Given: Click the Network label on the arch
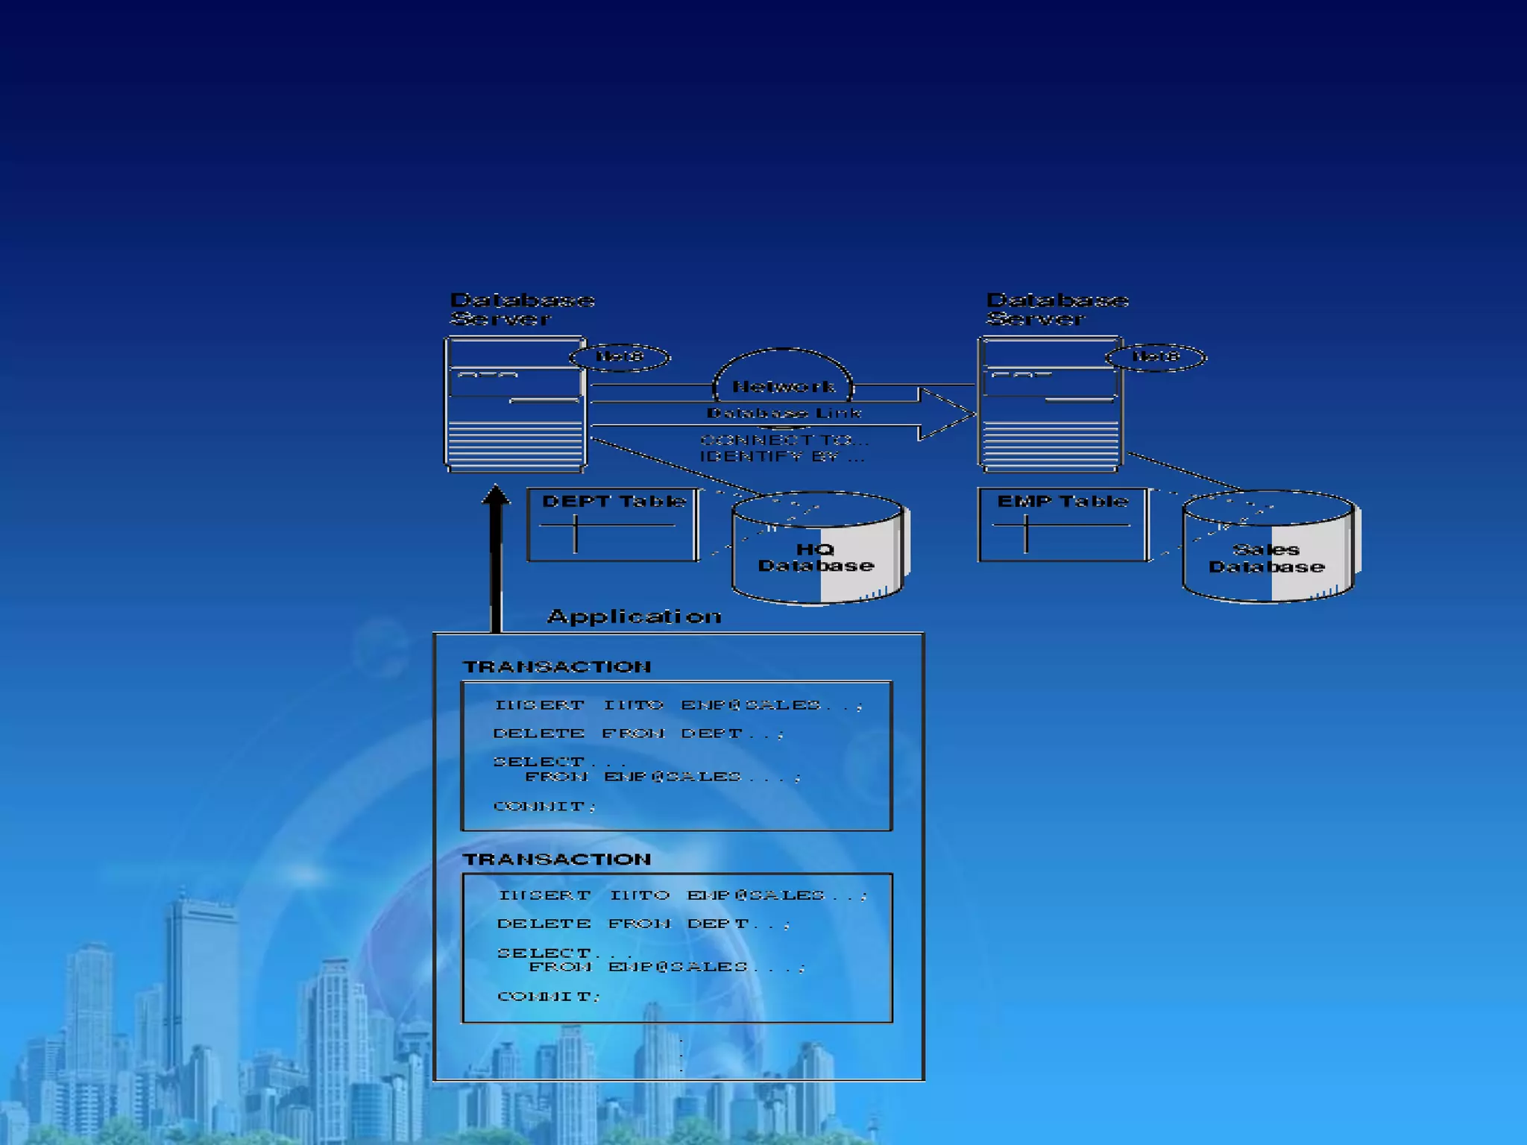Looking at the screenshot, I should [783, 386].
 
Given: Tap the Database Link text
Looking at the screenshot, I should [784, 413].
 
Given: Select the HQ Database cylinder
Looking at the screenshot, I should [817, 549].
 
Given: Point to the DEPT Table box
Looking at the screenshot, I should [613, 525].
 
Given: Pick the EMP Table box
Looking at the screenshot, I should [1062, 525].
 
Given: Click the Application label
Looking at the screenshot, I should [635, 616].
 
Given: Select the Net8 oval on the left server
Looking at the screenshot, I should [620, 357].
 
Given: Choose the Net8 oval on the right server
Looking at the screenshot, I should [1155, 357].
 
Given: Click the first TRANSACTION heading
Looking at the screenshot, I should [556, 666].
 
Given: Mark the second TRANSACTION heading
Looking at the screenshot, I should [556, 859].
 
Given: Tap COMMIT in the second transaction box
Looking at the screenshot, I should [549, 997].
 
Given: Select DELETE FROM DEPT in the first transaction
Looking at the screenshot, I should [638, 734].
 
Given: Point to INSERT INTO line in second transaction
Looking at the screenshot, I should [683, 895].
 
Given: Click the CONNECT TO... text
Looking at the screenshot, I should [784, 440].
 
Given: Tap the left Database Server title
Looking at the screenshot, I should [522, 309].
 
